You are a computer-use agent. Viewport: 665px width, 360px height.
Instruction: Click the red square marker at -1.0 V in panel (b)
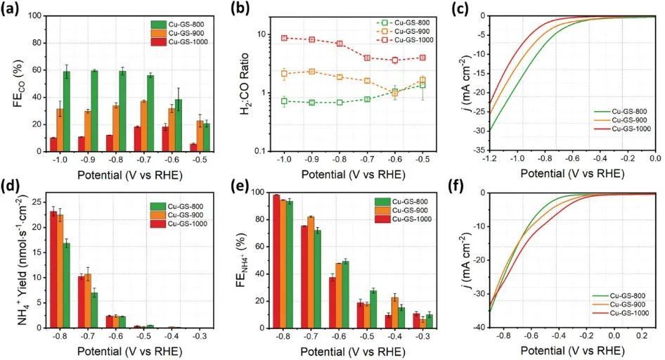[284, 38]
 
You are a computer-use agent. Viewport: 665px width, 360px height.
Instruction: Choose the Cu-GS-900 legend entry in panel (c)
[624, 120]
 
